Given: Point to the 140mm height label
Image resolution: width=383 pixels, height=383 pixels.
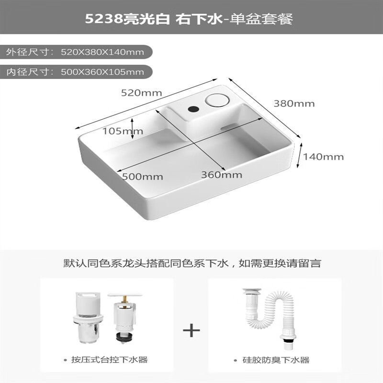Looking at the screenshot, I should pos(324,157).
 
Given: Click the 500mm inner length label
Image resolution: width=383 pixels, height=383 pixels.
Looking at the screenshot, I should pos(142,176).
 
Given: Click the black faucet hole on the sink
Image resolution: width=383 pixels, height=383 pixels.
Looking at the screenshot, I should pos(193,109).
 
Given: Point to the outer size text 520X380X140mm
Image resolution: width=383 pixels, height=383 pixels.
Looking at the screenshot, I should pos(102,51).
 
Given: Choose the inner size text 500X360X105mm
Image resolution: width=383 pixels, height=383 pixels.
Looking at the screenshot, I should pos(102,72).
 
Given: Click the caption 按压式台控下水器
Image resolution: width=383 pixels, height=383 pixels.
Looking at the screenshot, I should pos(107,360).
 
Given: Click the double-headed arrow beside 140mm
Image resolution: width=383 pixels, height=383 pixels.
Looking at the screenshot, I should pos(300,156).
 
